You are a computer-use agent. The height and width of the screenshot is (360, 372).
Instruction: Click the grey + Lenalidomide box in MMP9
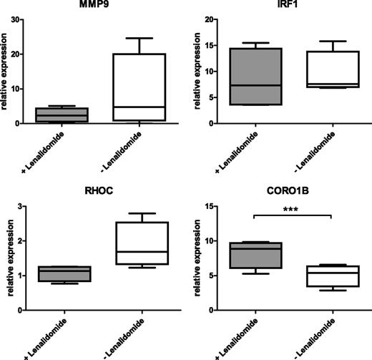(65, 115)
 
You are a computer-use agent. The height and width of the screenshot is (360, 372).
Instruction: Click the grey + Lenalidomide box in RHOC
(65, 273)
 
